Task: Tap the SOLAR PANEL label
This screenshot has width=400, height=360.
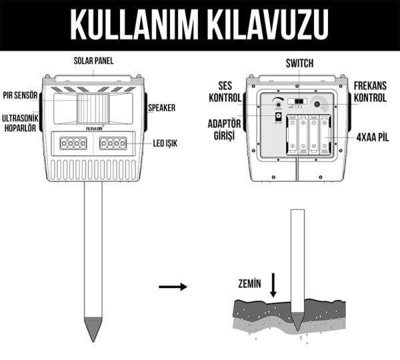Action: (x=93, y=61)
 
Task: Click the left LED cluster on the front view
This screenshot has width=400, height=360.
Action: (x=73, y=143)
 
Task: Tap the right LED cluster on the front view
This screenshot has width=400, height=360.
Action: (x=113, y=143)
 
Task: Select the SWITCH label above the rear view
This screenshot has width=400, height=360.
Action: (x=299, y=64)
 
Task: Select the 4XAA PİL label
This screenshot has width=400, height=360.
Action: (x=371, y=138)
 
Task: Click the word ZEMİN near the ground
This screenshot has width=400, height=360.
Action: (x=248, y=283)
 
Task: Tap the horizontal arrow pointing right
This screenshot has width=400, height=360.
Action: (x=173, y=287)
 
